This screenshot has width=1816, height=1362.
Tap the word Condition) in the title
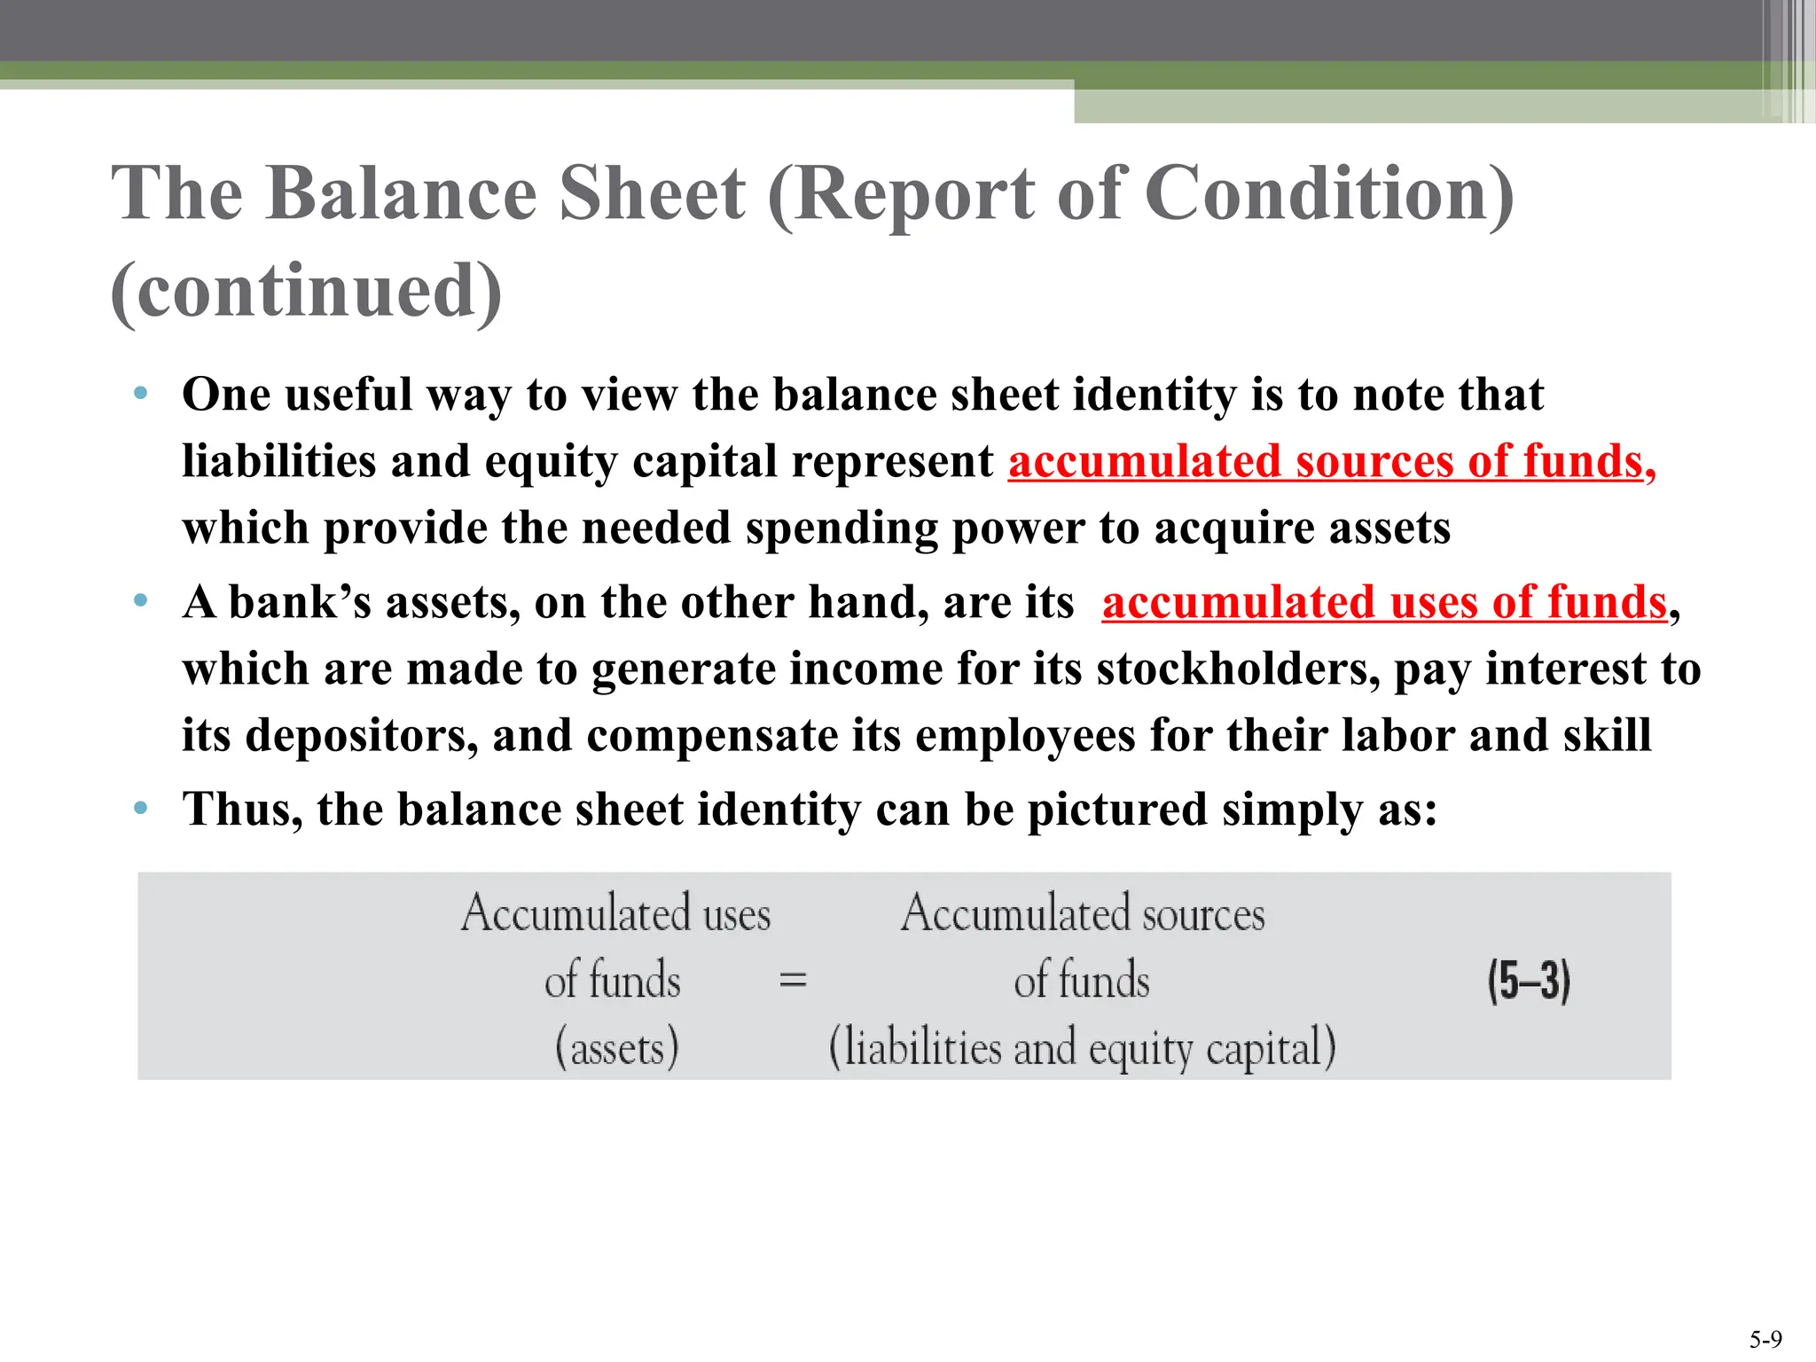1329,193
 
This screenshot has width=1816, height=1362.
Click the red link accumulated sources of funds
1331,462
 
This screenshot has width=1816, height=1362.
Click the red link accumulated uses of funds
1384,603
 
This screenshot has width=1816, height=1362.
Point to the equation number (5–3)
1529,981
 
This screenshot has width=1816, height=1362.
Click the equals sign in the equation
792,981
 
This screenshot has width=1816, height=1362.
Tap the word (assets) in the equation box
616,1048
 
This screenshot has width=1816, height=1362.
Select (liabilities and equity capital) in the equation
1082,1048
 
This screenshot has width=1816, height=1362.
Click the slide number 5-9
1765,1339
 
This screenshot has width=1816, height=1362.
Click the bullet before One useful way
140,393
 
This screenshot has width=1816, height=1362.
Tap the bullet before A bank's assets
140,601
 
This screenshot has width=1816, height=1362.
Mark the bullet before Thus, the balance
140,808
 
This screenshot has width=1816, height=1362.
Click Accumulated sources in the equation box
1083,913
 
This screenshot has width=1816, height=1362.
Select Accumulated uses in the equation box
616,913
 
